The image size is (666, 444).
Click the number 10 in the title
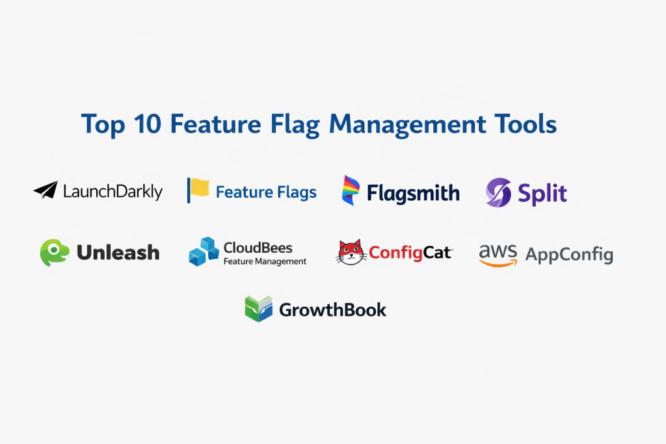(x=148, y=124)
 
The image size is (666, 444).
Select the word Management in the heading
(x=407, y=125)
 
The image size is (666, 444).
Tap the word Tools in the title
(x=526, y=124)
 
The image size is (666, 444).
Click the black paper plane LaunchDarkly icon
(x=46, y=190)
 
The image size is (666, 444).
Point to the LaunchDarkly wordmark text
(x=113, y=191)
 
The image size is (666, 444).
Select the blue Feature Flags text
(x=266, y=192)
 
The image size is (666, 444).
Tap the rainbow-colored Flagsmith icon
(x=351, y=190)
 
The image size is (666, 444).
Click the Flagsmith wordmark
(x=413, y=193)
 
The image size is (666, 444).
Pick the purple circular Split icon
(x=499, y=192)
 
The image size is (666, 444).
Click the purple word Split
(x=542, y=194)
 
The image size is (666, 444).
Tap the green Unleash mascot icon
(x=55, y=253)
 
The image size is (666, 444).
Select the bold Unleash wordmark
(x=118, y=253)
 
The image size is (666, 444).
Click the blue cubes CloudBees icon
(x=204, y=252)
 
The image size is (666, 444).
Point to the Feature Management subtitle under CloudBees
(x=265, y=261)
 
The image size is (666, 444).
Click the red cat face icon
(x=351, y=252)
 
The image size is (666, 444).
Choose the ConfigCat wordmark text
(x=410, y=253)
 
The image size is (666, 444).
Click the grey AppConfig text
(x=569, y=255)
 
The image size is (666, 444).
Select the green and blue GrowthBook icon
(x=259, y=309)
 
